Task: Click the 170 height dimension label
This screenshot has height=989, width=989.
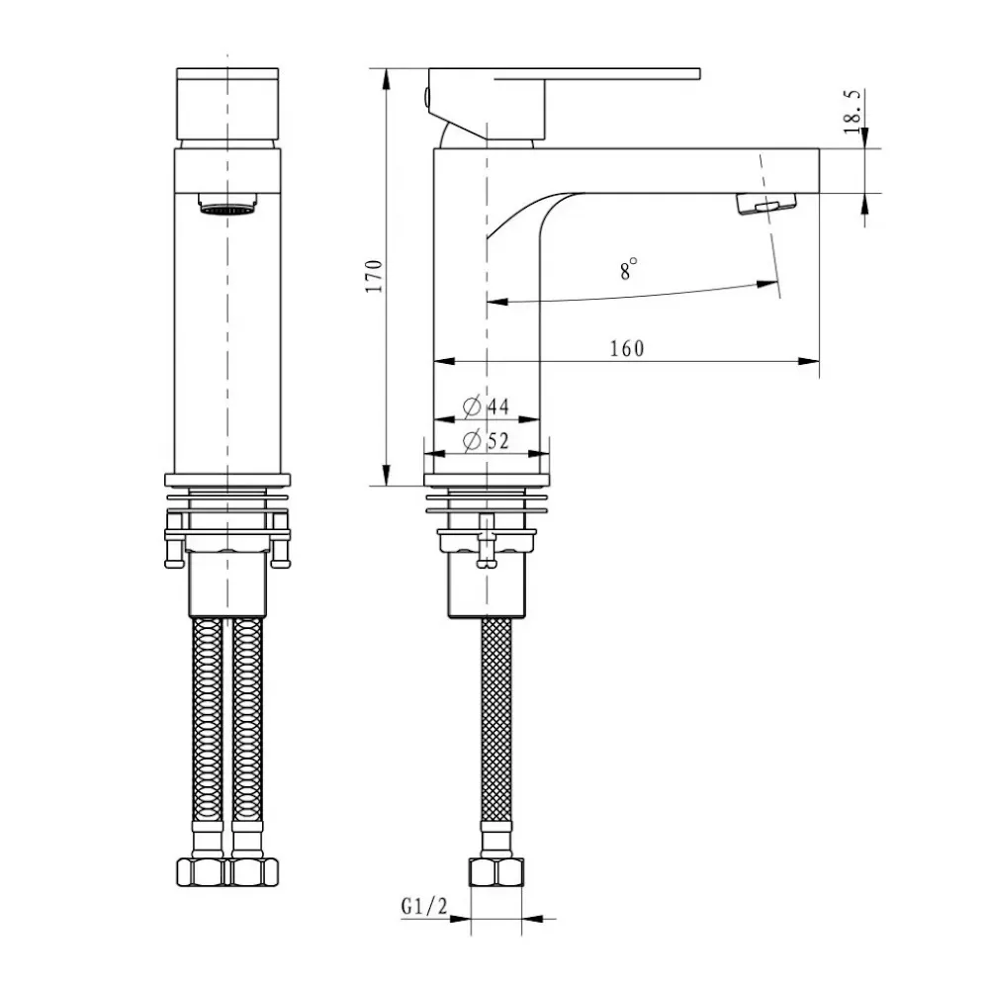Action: [x=373, y=277]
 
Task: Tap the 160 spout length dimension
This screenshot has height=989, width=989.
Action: [x=626, y=348]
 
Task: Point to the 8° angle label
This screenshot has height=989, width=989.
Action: [x=629, y=270]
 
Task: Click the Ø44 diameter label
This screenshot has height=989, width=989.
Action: [x=485, y=406]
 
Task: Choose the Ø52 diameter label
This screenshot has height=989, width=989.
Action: [x=485, y=441]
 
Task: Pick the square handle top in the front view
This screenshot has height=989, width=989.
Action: [x=228, y=105]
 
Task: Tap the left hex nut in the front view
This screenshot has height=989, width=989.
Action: [x=204, y=872]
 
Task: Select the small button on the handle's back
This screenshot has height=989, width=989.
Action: [x=427, y=97]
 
